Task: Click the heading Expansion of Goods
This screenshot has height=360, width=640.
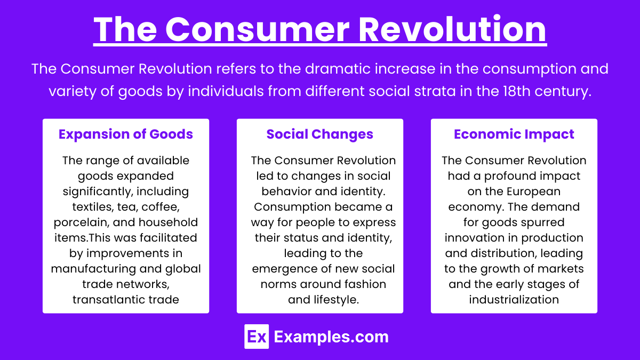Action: click(x=126, y=134)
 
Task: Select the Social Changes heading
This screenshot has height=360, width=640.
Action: click(x=319, y=134)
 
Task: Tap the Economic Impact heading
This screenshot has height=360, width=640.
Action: click(x=514, y=134)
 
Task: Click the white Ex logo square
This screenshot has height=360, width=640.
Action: click(x=256, y=337)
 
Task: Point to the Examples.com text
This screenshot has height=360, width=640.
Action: click(x=331, y=337)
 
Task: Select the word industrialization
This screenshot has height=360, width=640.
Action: click(x=514, y=299)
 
